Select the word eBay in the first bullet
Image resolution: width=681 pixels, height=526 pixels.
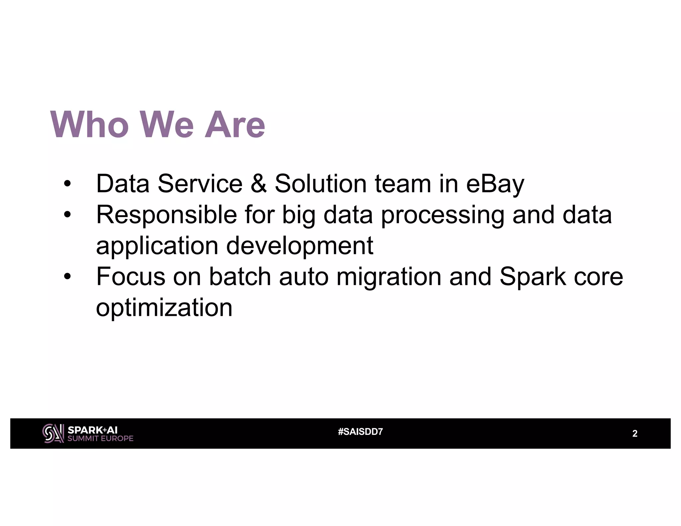point(495,184)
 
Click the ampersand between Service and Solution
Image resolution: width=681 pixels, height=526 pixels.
point(258,184)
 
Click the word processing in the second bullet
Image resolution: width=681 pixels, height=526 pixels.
point(443,215)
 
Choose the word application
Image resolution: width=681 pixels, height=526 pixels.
point(157,246)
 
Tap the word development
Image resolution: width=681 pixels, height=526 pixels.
point(300,246)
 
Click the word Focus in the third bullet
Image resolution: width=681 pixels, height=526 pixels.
point(130,277)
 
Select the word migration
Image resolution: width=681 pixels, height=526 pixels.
point(389,277)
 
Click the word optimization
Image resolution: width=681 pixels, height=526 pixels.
point(164,308)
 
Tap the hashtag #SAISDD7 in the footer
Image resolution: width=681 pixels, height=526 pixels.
point(360,432)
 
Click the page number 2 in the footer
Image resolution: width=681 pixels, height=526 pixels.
point(634,434)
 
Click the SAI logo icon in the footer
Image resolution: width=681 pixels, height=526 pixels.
point(53,433)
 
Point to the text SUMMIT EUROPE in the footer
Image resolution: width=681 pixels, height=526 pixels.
point(100,439)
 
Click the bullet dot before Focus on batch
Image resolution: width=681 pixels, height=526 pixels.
point(67,277)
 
